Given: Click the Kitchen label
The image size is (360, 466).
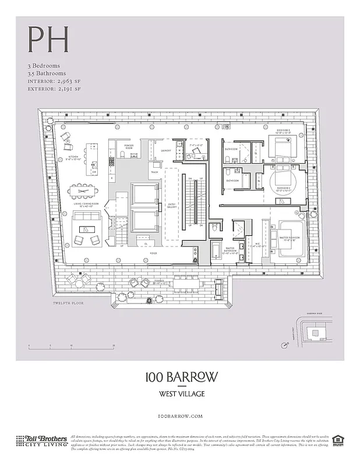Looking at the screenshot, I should [75, 158].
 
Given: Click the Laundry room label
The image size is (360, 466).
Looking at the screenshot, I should [165, 150].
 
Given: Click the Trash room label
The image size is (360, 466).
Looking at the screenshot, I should [154, 172].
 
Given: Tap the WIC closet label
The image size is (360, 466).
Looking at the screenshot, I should [257, 245].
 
